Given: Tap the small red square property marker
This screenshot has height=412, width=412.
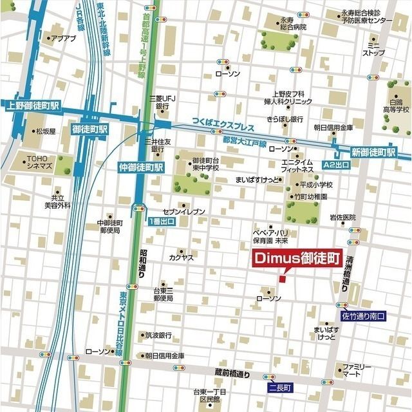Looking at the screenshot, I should tap(281, 279).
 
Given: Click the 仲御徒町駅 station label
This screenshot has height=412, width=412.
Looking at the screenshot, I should tap(142, 166).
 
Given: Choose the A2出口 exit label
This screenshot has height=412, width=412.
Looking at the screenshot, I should tap(338, 165).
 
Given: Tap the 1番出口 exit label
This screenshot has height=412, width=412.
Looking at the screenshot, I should tap(161, 221).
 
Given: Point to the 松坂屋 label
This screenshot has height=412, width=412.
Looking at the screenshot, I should tap(46, 131).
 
